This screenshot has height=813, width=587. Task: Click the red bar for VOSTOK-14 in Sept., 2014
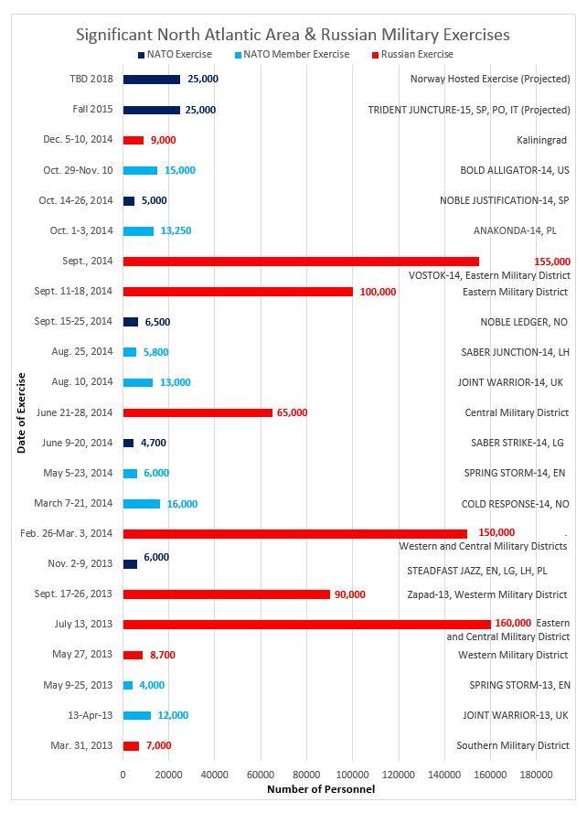click(x=301, y=262)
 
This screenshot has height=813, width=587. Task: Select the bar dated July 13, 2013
click(x=306, y=625)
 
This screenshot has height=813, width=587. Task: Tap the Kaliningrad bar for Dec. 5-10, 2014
click(x=133, y=140)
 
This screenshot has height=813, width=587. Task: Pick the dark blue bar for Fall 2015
click(x=152, y=110)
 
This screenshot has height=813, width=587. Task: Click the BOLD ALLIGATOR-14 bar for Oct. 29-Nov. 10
click(x=140, y=170)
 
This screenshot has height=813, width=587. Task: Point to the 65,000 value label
click(x=293, y=412)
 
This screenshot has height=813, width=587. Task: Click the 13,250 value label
click(x=176, y=231)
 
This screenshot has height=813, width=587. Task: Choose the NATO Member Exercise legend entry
click(x=290, y=54)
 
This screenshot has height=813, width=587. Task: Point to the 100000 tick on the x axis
click(x=353, y=775)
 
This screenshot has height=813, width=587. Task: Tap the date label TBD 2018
click(x=91, y=80)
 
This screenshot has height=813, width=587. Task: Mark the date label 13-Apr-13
click(x=90, y=715)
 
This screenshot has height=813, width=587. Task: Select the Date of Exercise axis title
click(x=20, y=412)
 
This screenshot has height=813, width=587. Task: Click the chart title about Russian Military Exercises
click(x=293, y=35)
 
